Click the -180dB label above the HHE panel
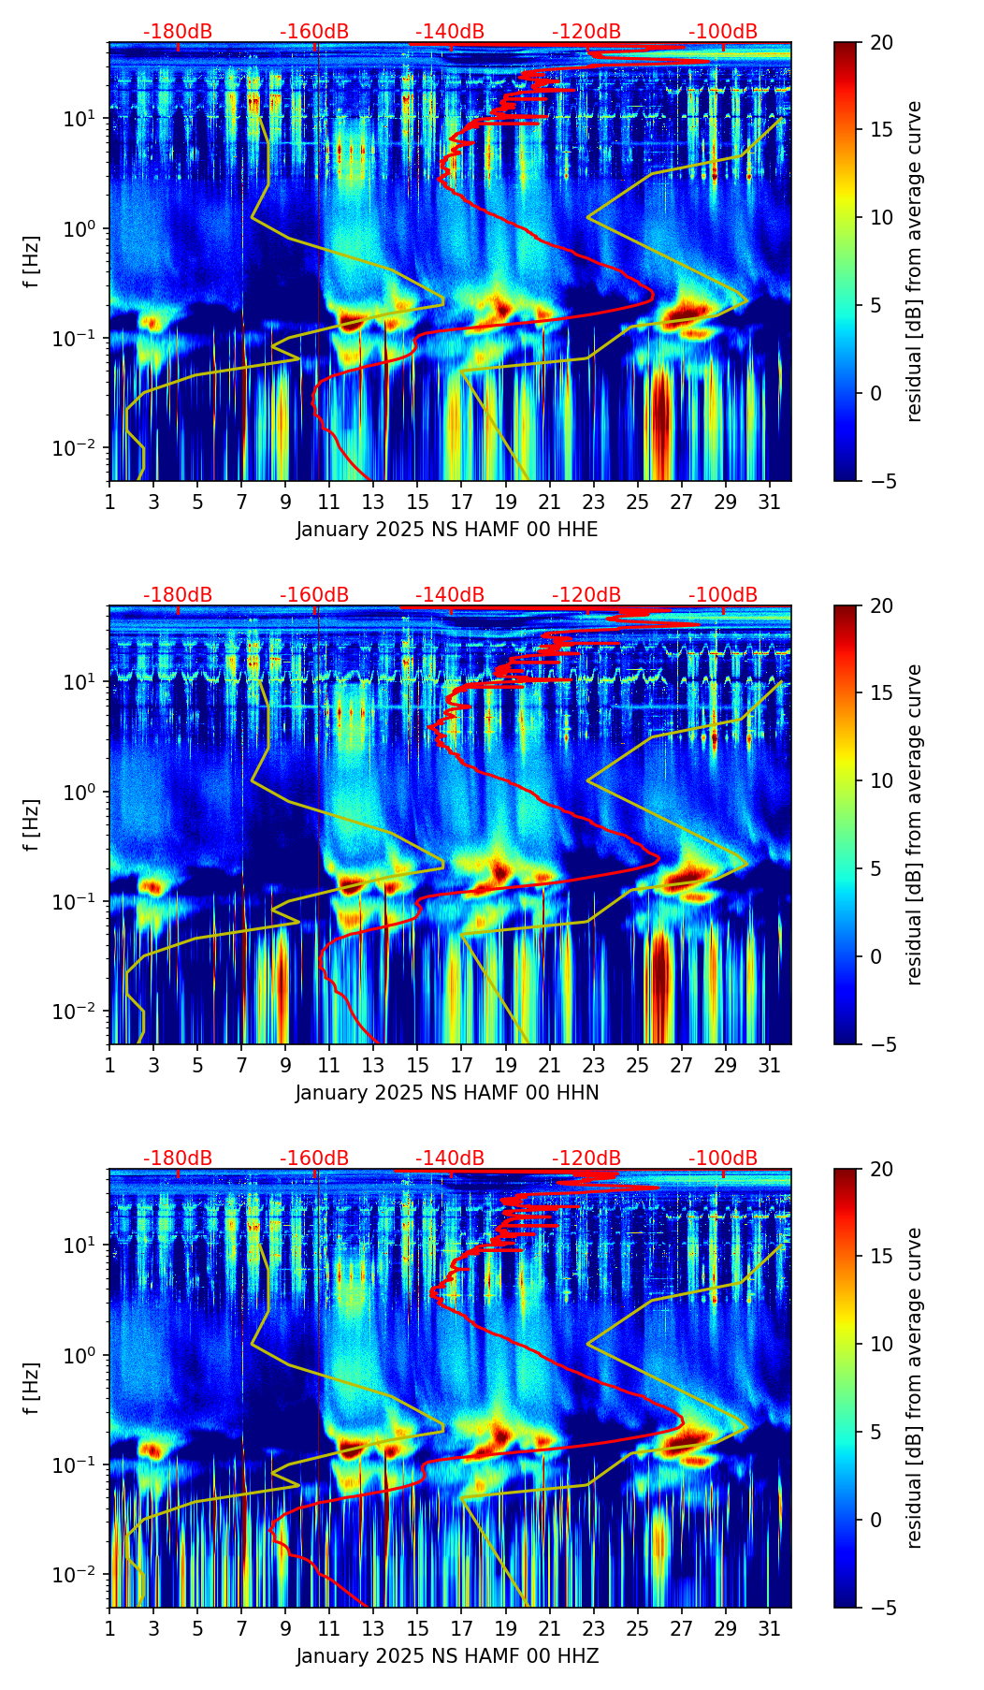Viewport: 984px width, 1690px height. pyautogui.click(x=178, y=32)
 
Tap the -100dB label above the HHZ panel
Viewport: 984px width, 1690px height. pyautogui.click(x=723, y=1158)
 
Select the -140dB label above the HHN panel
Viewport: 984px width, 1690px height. pyautogui.click(x=450, y=595)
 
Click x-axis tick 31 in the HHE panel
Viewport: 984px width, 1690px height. pyautogui.click(x=769, y=501)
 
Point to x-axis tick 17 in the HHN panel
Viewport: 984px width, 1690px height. pyautogui.click(x=462, y=1064)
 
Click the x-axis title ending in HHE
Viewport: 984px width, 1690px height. pyautogui.click(x=447, y=530)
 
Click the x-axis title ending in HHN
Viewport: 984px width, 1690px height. pyautogui.click(x=447, y=1093)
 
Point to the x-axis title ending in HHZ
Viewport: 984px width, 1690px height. pyautogui.click(x=447, y=1656)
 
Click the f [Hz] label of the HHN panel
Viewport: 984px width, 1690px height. pyautogui.click(x=33, y=824)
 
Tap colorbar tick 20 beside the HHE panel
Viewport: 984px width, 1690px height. pyautogui.click(x=881, y=43)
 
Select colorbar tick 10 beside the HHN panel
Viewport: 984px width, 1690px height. pyautogui.click(x=881, y=781)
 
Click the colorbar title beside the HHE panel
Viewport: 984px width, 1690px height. pyautogui.click(x=915, y=261)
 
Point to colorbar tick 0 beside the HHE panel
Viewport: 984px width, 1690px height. pyautogui.click(x=876, y=393)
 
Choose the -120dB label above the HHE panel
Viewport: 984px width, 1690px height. pyautogui.click(x=586, y=32)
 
